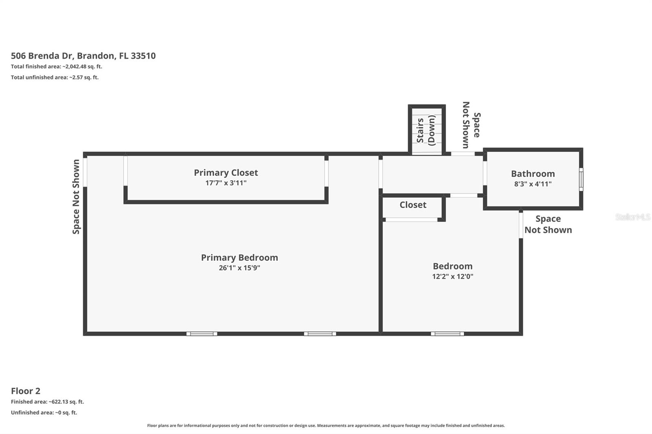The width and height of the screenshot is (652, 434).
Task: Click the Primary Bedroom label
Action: click(x=239, y=257)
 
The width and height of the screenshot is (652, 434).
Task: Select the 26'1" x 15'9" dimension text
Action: click(x=239, y=268)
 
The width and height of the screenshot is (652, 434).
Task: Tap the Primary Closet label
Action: click(x=226, y=173)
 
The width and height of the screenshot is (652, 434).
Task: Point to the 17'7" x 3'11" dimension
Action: click(x=226, y=183)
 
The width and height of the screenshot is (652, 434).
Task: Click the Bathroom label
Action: click(x=533, y=174)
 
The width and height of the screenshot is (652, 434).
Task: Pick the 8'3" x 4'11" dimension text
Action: click(x=533, y=184)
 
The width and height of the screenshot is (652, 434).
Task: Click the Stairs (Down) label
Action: click(x=426, y=130)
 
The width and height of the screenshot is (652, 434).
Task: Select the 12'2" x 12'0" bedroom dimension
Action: click(x=452, y=276)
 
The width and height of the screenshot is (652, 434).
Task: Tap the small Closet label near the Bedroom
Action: click(x=413, y=205)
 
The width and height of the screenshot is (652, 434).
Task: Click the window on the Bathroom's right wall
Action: click(x=581, y=179)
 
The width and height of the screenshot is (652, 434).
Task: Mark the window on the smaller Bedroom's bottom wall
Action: click(x=447, y=334)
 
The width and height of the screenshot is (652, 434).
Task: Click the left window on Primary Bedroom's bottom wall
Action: click(x=202, y=334)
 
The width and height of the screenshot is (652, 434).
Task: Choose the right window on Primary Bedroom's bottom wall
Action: click(x=320, y=334)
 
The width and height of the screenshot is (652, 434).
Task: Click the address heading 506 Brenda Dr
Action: click(x=83, y=56)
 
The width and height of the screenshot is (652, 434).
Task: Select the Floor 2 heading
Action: click(x=25, y=391)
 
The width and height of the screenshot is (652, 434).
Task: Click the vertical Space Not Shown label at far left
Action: click(x=76, y=197)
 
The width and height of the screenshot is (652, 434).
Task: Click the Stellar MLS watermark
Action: click(x=632, y=217)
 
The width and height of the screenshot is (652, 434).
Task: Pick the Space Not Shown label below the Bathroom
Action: click(x=548, y=224)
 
